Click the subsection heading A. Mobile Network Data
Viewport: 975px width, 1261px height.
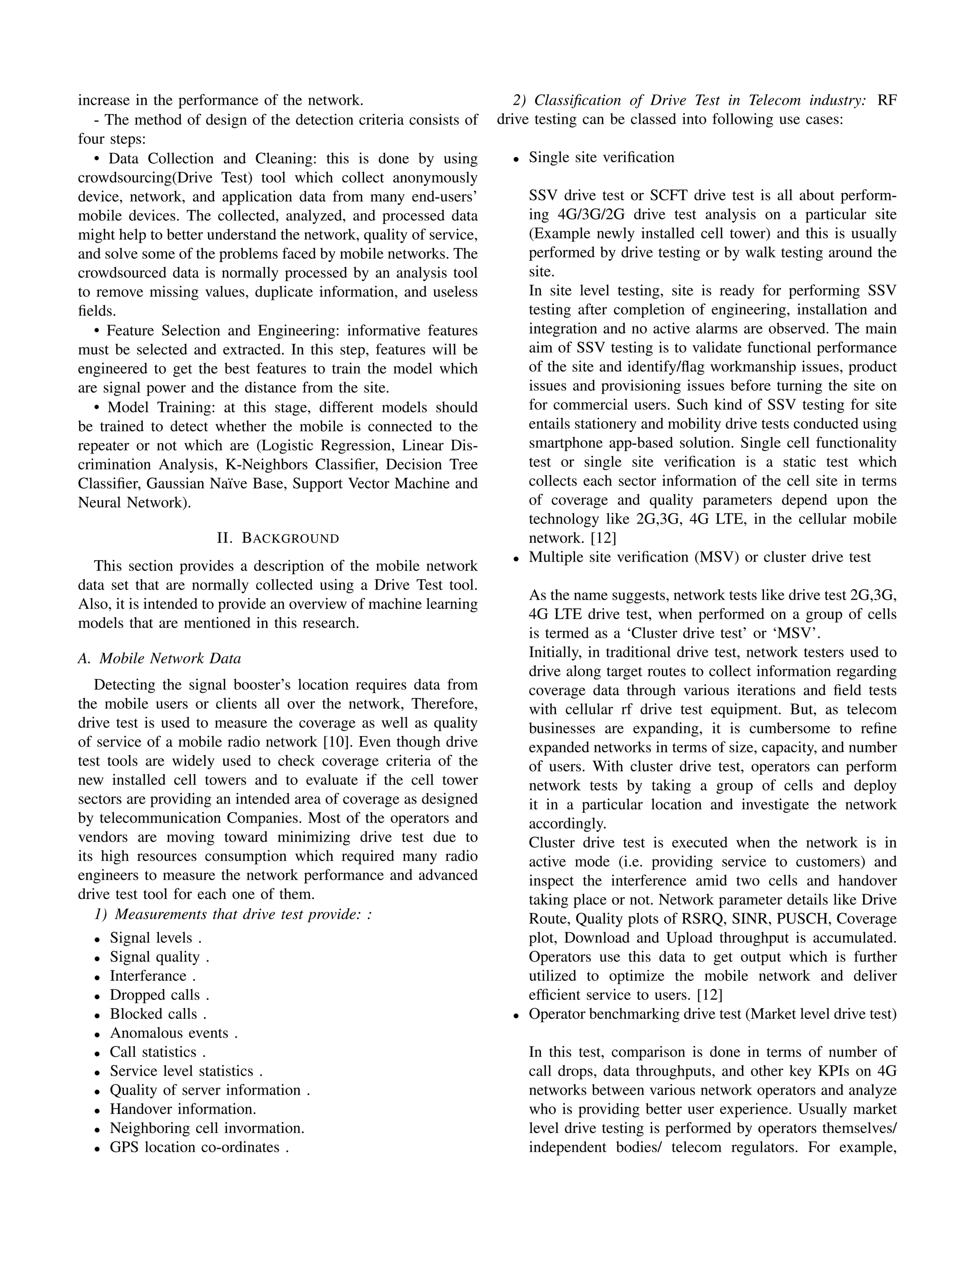coord(159,658)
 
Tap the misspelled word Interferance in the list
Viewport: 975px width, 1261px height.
coord(149,976)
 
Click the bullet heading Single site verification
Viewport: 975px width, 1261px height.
coord(601,158)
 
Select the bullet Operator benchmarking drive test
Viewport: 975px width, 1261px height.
coord(635,1014)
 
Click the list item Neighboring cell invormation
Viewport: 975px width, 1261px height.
coord(207,1128)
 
